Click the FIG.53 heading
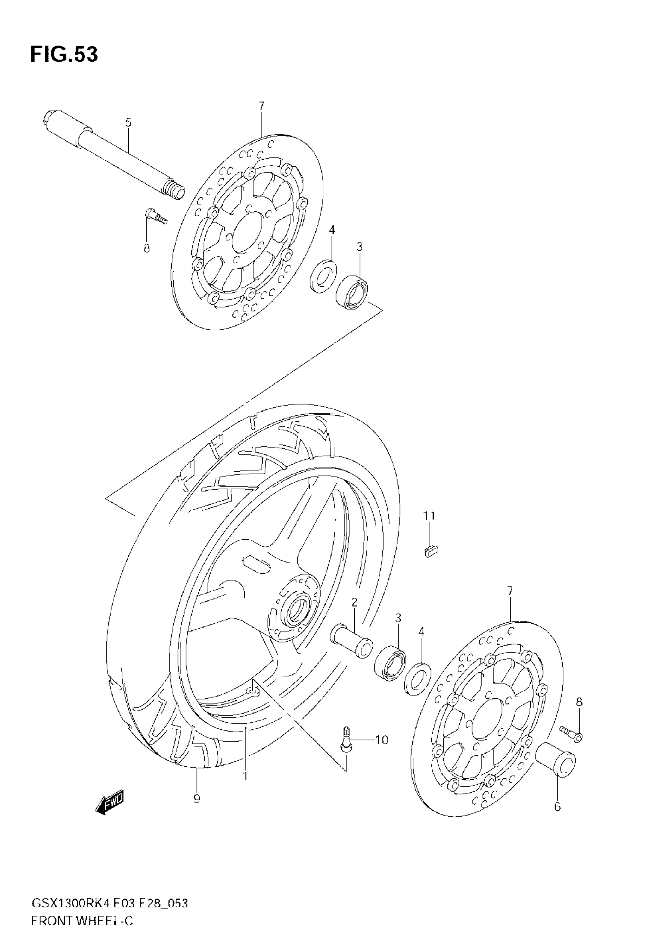(x=64, y=55)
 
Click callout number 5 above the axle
(x=129, y=122)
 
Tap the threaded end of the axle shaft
(x=174, y=191)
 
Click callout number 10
(x=381, y=740)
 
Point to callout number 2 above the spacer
(x=354, y=602)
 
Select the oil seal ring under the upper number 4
(x=323, y=275)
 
